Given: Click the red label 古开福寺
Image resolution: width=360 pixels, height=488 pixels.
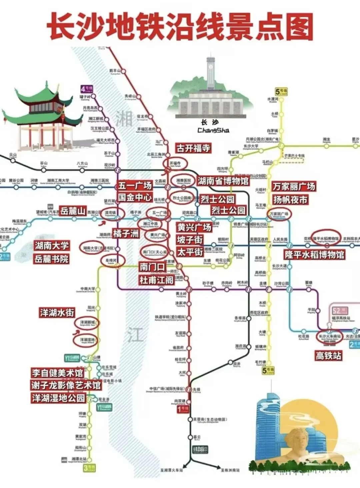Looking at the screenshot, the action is [193, 148].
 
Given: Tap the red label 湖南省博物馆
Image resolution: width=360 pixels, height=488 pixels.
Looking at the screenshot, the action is [223, 181].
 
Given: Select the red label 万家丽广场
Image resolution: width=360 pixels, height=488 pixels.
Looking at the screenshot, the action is [294, 186].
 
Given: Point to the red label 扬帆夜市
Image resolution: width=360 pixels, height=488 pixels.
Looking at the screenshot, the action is [290, 200].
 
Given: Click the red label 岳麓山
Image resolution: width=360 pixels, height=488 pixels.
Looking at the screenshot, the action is [73, 211].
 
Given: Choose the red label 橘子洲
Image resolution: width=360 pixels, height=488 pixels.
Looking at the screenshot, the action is [126, 234].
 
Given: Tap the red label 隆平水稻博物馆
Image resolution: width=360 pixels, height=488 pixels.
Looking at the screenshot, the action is [314, 255].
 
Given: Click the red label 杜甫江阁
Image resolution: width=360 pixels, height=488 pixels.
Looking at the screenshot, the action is [157, 280].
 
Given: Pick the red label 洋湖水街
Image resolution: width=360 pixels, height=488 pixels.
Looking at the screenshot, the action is [57, 312].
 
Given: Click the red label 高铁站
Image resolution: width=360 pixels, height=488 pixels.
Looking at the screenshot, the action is [328, 356].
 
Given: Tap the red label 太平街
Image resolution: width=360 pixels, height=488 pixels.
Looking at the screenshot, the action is [190, 252].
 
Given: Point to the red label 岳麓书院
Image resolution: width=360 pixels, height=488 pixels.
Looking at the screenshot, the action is [52, 259].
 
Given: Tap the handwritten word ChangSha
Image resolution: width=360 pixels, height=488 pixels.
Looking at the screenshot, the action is [213, 130].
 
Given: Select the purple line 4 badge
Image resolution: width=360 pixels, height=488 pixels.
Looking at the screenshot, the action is [87, 89].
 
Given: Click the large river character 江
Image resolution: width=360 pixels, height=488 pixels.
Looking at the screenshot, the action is [135, 334].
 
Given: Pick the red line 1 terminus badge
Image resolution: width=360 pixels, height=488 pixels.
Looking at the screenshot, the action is [183, 409].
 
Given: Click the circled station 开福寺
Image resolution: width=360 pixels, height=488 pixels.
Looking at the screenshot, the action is [175, 163].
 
